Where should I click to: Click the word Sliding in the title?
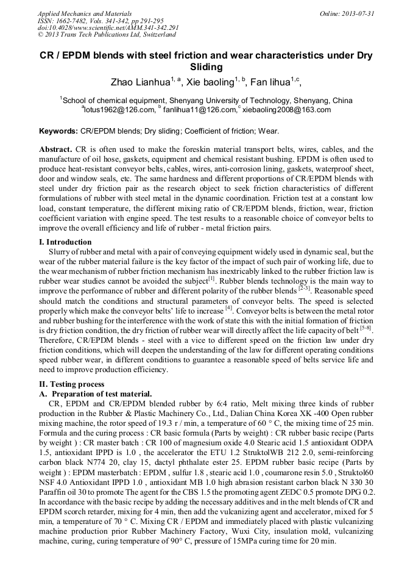[206, 67]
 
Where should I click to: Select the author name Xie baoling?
[208, 82]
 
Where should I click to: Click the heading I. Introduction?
[69, 242]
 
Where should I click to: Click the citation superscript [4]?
[230, 309]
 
